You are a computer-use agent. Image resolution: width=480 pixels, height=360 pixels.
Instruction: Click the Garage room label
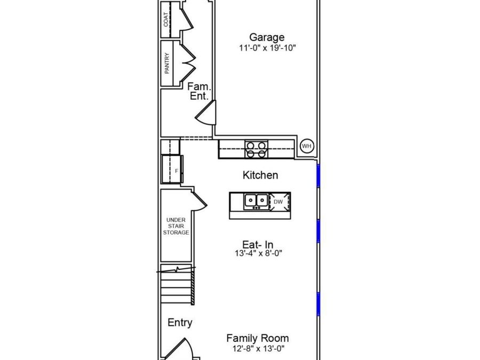[267, 37]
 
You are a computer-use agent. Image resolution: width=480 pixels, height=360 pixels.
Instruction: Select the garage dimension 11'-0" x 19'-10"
[268, 48]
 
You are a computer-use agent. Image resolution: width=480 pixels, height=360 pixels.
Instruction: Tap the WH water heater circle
[307, 146]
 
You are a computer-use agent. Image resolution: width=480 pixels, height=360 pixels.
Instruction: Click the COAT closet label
[166, 19]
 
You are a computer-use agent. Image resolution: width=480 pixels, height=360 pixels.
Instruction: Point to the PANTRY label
[167, 63]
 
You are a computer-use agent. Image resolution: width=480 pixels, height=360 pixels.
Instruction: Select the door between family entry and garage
[206, 113]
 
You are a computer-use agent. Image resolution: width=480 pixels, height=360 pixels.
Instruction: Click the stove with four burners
[256, 149]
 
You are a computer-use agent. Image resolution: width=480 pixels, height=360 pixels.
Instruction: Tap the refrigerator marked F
[172, 169]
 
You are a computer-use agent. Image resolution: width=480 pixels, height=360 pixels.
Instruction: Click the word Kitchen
[260, 175]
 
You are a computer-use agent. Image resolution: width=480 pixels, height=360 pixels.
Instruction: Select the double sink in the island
[256, 201]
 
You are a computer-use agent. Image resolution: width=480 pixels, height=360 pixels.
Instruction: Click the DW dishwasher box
[279, 202]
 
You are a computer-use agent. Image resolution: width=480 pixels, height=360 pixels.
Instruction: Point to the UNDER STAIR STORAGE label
[176, 226]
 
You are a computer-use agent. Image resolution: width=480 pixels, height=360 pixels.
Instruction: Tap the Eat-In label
[258, 245]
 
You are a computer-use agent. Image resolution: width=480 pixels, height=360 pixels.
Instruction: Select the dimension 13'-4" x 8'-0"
[258, 253]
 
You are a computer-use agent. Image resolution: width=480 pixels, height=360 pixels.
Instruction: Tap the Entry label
[180, 323]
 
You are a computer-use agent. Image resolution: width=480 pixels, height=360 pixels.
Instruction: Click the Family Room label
[258, 338]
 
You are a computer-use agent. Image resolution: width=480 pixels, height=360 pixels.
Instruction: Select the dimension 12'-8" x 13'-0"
[258, 348]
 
